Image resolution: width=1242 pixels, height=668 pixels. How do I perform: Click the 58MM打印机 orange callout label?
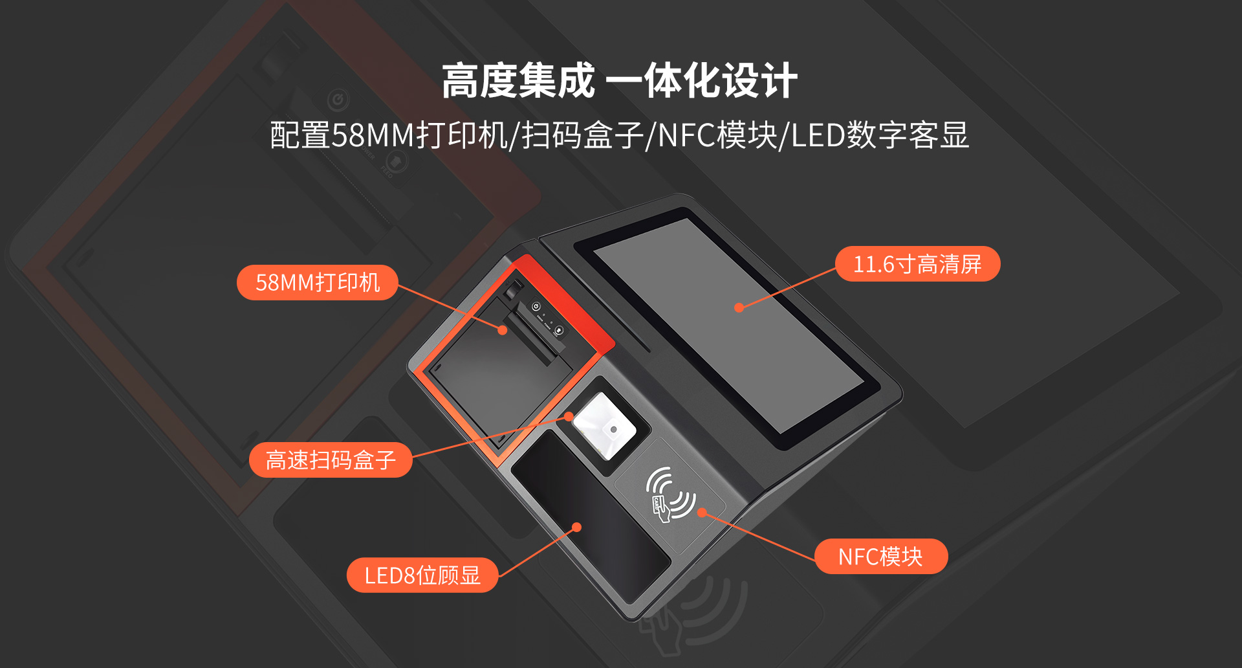[318, 282]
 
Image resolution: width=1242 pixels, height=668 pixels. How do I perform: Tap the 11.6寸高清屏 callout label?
[917, 264]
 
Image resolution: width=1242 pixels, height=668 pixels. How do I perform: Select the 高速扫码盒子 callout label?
[331, 460]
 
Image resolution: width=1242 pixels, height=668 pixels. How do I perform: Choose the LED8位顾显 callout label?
[422, 575]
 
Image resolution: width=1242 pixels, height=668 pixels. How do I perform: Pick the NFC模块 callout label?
[881, 557]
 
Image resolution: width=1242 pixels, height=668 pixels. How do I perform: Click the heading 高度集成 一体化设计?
[620, 81]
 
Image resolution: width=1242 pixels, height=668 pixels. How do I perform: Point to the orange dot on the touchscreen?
[739, 307]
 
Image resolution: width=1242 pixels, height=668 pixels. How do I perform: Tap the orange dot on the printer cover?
[503, 330]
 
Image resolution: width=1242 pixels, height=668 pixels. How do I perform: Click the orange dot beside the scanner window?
[569, 416]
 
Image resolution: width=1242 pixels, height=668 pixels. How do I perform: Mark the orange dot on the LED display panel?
[577, 528]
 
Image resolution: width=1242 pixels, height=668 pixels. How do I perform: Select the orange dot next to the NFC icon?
[702, 513]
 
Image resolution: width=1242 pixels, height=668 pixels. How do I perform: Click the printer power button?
[536, 307]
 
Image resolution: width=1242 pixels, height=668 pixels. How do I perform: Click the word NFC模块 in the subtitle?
[718, 135]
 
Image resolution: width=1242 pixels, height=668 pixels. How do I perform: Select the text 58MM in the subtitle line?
[373, 135]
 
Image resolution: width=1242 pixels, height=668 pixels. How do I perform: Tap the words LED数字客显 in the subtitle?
[880, 135]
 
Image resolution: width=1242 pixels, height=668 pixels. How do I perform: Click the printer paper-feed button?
[559, 331]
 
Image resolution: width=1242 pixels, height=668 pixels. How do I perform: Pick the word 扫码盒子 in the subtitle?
[582, 135]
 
